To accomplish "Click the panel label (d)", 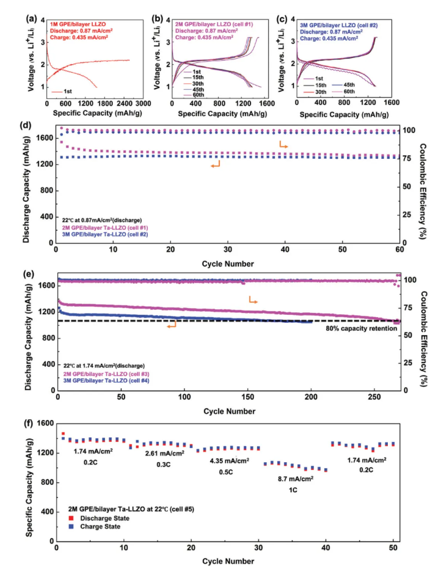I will [27, 126].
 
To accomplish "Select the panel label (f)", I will [27, 422].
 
